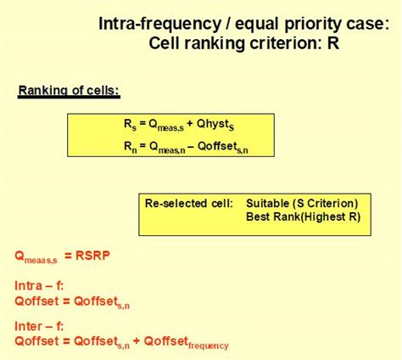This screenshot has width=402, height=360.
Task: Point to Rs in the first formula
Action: click(129, 124)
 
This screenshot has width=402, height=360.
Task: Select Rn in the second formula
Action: click(129, 146)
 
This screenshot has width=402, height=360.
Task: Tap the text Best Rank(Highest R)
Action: click(302, 217)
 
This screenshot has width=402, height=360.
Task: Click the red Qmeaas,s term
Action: click(36, 256)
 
